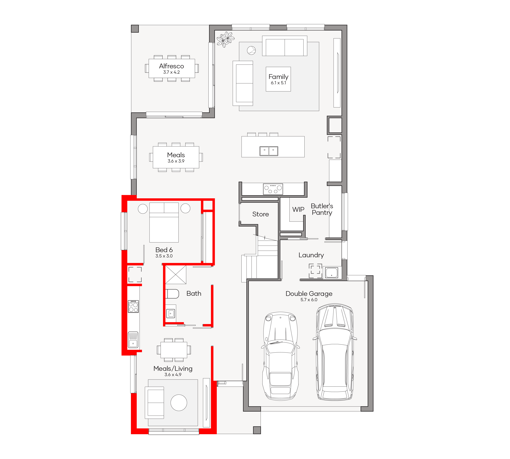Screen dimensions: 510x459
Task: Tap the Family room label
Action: click(x=278, y=77)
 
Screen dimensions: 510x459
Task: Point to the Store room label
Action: click(x=260, y=214)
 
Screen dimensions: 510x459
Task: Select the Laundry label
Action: click(x=311, y=255)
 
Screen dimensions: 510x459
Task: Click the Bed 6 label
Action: click(x=164, y=250)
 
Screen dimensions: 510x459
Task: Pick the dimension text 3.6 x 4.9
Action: click(x=173, y=375)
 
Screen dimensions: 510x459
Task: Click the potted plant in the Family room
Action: click(x=225, y=39)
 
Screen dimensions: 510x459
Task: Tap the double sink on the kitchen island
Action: click(x=269, y=151)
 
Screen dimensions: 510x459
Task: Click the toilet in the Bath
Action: click(x=172, y=294)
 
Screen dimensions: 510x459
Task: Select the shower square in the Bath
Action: click(x=176, y=275)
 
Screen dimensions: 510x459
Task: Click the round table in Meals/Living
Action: click(x=179, y=403)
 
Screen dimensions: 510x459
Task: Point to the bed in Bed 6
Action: click(x=164, y=222)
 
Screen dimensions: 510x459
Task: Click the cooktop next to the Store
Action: click(x=273, y=189)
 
